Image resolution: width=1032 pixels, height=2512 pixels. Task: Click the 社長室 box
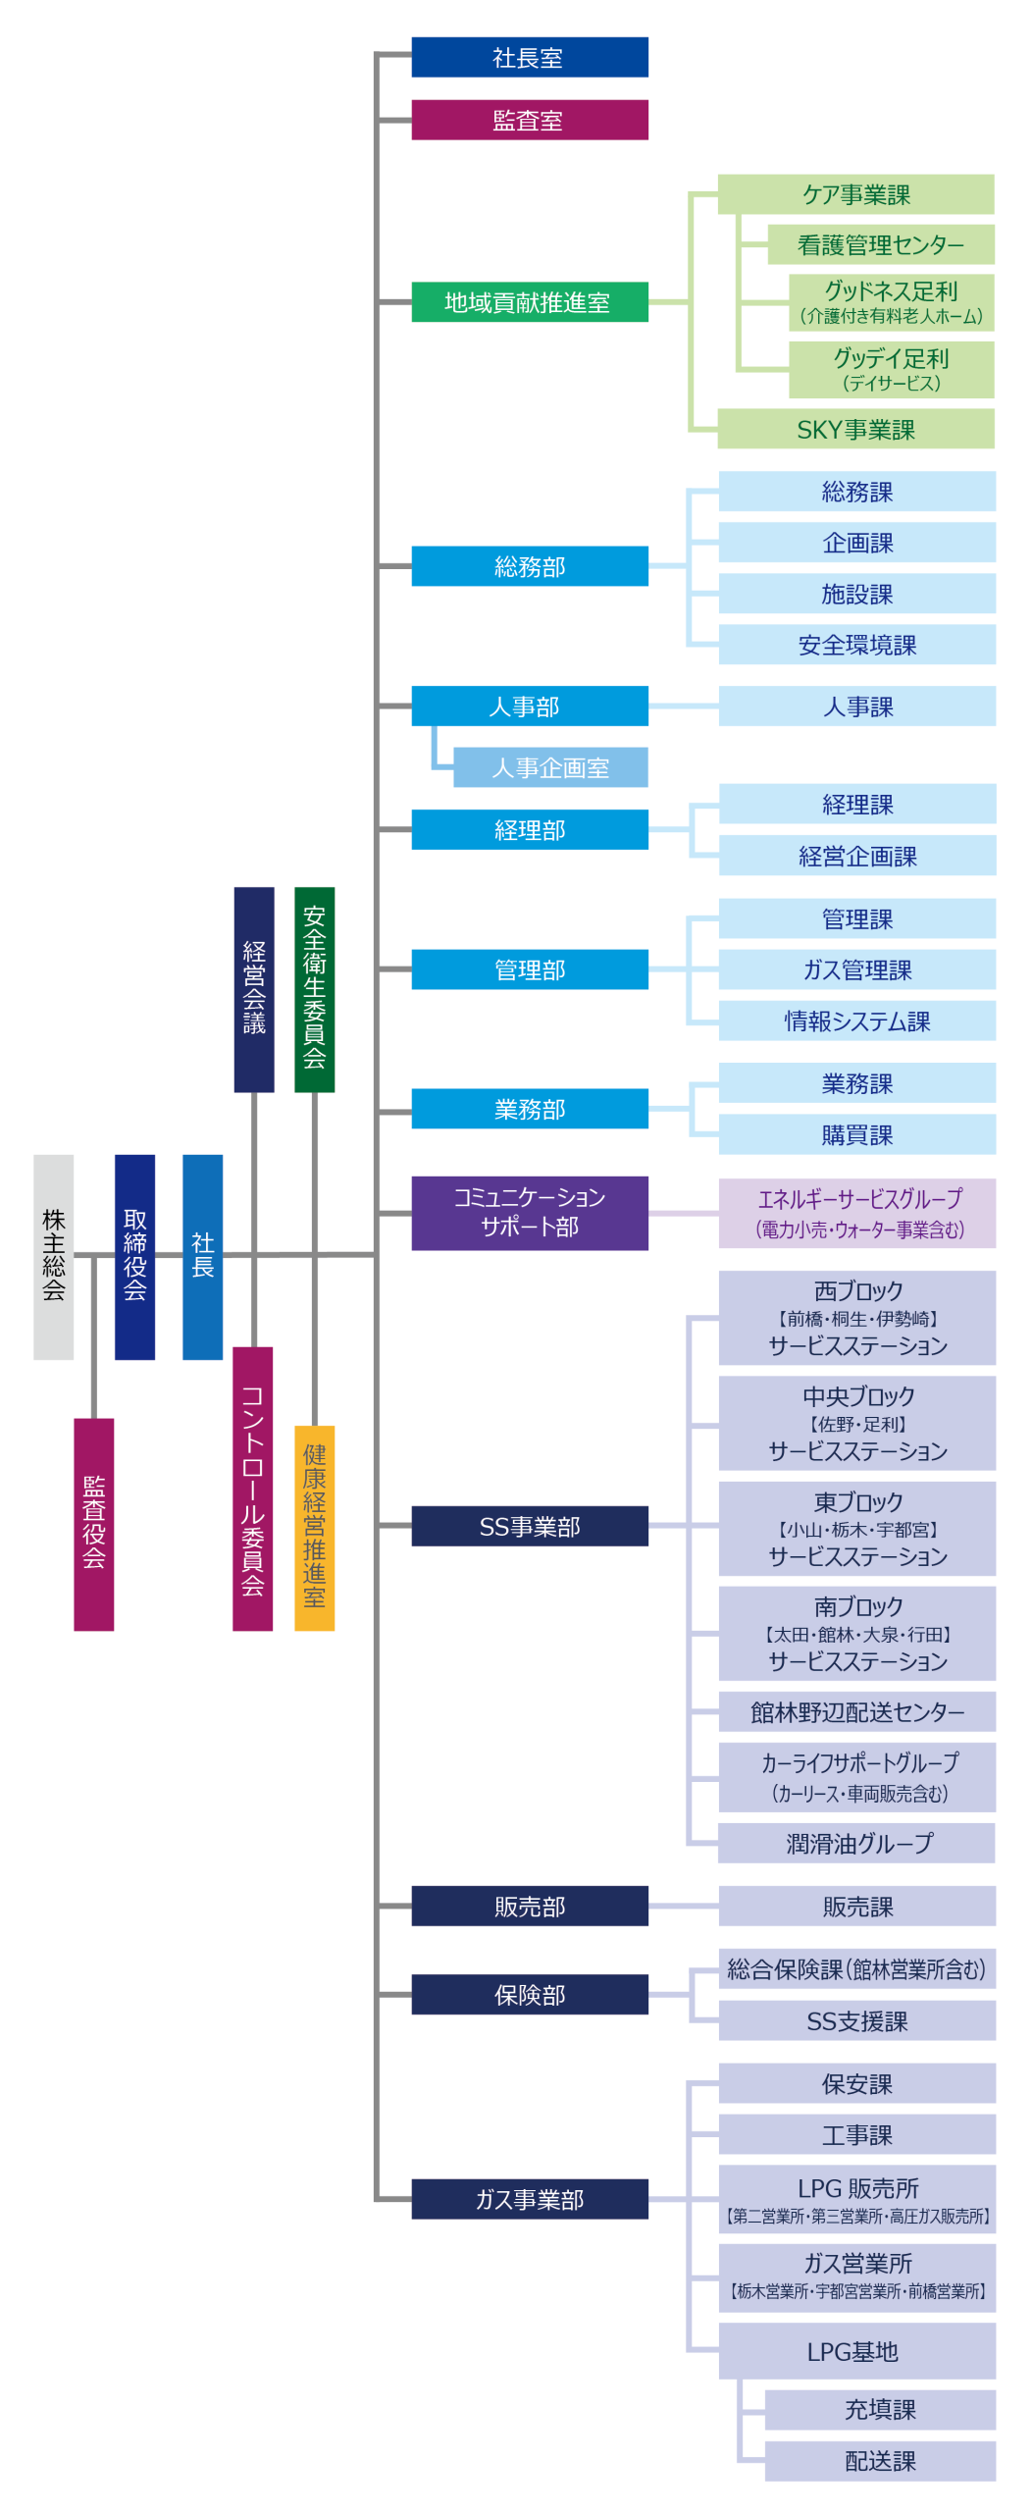(530, 57)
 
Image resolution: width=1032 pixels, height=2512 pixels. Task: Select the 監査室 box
(530, 120)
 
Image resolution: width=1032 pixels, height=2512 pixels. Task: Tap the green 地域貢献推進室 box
(530, 302)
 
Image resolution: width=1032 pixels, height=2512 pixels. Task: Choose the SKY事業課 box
(855, 429)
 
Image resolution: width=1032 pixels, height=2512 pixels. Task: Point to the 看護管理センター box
(881, 244)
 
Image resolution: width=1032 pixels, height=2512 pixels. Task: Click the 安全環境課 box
(857, 645)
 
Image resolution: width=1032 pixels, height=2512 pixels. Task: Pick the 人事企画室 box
(550, 767)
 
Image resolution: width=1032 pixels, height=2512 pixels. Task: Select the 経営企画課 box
(857, 856)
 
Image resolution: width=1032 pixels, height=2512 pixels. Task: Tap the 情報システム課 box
(857, 1020)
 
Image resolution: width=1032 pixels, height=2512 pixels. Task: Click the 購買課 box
(857, 1134)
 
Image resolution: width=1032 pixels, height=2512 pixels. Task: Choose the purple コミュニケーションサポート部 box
(530, 1213)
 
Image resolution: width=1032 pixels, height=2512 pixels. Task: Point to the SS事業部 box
(530, 1526)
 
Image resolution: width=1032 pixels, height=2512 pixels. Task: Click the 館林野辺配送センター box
(857, 1712)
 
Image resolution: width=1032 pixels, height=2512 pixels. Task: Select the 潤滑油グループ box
(857, 1843)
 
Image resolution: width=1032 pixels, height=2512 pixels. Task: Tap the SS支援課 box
(857, 2020)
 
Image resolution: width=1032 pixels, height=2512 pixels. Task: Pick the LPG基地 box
(857, 2351)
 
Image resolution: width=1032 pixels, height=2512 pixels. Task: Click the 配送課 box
(880, 2461)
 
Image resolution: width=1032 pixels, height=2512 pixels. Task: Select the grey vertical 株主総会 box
(54, 1257)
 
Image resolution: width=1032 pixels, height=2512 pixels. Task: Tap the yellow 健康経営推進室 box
(315, 1528)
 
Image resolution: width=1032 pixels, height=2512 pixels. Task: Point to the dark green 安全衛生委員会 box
(315, 990)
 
